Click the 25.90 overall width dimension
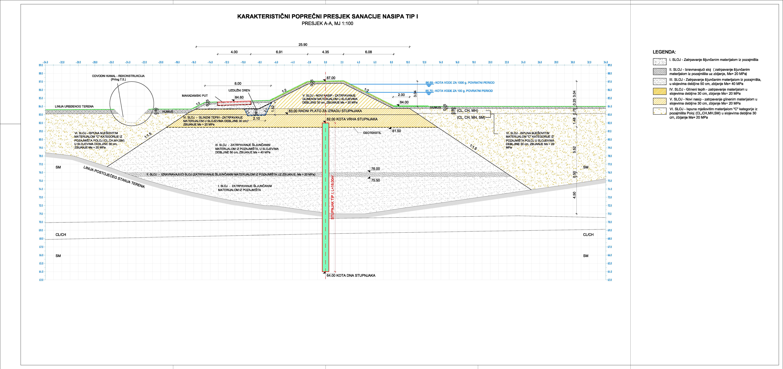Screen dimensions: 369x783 (x=303, y=44)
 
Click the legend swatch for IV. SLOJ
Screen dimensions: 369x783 (x=660, y=91)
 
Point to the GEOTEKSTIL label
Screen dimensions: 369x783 (x=372, y=133)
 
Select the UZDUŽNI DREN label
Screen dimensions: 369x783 (x=239, y=90)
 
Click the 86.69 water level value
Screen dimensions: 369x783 (x=429, y=82)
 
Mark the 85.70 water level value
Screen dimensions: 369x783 (x=429, y=91)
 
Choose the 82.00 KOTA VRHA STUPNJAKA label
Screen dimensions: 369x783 (x=352, y=119)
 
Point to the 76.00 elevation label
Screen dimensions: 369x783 (x=375, y=169)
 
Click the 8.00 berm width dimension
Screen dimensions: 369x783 (x=238, y=83)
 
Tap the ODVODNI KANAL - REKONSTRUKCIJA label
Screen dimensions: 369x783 (x=118, y=76)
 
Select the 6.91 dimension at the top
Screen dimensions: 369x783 (x=279, y=52)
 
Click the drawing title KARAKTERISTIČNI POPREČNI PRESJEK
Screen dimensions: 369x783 (x=327, y=16)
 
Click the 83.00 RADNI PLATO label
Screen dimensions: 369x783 (x=325, y=111)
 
